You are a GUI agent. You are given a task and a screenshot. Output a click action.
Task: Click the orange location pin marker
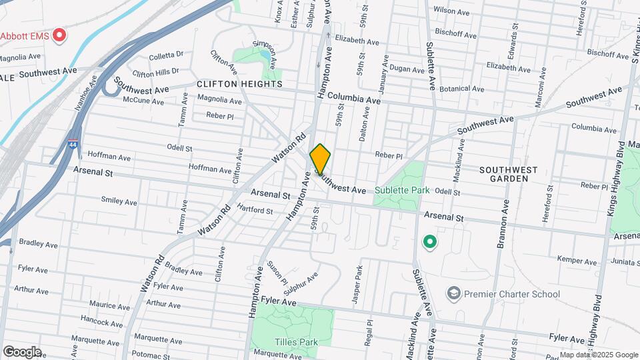tap(320, 159)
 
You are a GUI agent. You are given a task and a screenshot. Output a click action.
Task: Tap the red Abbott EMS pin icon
tap(60, 35)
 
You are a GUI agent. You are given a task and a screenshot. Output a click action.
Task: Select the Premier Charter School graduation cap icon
tap(453, 293)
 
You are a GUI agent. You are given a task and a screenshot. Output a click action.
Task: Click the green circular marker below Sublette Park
tap(430, 241)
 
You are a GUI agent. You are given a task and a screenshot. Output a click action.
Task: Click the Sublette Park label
tap(401, 190)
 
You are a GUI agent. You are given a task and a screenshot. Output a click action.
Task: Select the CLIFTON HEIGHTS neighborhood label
tap(239, 85)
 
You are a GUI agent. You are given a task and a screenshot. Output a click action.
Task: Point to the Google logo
tap(22, 352)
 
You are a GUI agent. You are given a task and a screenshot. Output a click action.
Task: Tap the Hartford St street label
tap(255, 211)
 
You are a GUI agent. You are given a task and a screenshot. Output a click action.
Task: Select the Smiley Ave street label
tap(119, 201)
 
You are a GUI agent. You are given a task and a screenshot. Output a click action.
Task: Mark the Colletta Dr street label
tap(167, 55)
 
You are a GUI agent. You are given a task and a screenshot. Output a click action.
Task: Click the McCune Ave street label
tap(143, 101)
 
